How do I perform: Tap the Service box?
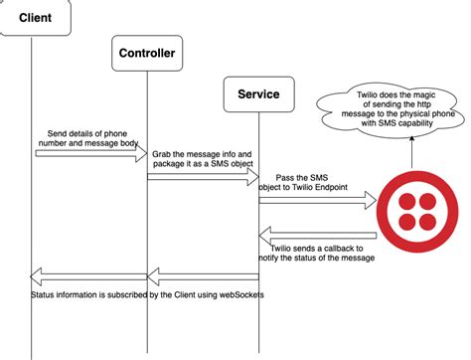(258, 94)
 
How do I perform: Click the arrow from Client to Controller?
(89, 152)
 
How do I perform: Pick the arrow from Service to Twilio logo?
(318, 201)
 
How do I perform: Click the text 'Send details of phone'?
(87, 131)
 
